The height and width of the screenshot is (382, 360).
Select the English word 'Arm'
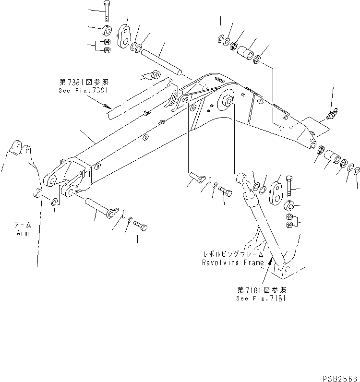point(22,233)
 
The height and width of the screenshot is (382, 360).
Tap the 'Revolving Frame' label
point(233,263)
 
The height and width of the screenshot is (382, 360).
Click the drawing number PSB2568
point(341,377)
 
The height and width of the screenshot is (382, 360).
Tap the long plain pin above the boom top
point(162,62)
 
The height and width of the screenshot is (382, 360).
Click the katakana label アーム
point(22,225)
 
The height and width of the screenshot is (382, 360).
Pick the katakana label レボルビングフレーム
point(233,255)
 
